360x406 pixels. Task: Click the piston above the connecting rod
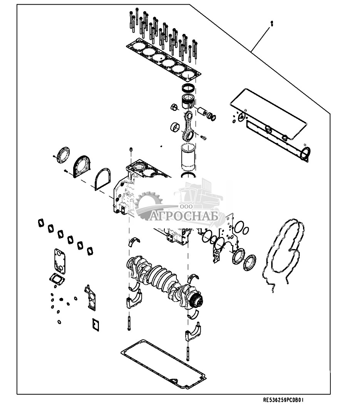pos(187,101)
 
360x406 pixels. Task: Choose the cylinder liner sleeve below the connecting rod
pos(188,156)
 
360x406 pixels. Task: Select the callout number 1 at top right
pos(271,24)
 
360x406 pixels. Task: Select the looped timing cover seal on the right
pos(283,255)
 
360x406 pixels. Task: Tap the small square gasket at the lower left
pos(96,325)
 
